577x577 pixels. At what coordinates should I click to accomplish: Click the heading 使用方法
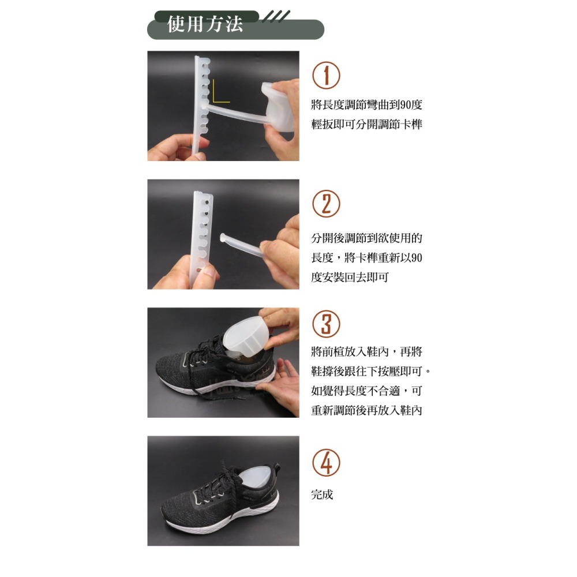click(x=205, y=24)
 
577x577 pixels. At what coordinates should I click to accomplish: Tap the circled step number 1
click(x=326, y=75)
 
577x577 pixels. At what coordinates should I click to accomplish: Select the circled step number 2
click(x=326, y=204)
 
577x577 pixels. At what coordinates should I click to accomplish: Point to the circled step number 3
click(x=326, y=324)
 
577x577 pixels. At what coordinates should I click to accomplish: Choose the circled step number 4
click(x=326, y=463)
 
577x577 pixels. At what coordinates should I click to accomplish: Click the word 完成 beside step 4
click(x=322, y=494)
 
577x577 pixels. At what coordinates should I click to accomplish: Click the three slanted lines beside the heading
click(x=276, y=17)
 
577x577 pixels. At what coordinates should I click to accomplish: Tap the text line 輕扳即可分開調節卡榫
click(x=366, y=125)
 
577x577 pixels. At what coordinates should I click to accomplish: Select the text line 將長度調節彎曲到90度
click(x=366, y=105)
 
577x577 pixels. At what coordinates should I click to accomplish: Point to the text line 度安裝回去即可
click(x=350, y=277)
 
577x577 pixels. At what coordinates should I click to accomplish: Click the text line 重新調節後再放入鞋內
click(x=366, y=410)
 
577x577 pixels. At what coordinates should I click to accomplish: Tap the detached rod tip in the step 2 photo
click(x=223, y=237)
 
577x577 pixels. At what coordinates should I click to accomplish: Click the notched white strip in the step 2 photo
click(x=201, y=238)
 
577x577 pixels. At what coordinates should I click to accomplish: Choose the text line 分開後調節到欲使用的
click(x=366, y=238)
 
